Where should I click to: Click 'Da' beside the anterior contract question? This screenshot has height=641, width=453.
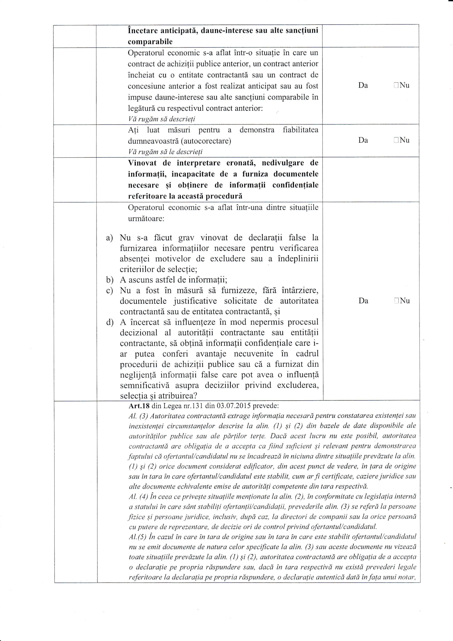(x=363, y=86)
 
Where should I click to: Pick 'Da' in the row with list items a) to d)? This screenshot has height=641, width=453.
(x=363, y=301)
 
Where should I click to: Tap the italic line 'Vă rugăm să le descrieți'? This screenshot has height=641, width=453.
(x=165, y=152)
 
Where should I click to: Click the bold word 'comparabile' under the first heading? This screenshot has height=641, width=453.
(x=150, y=42)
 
